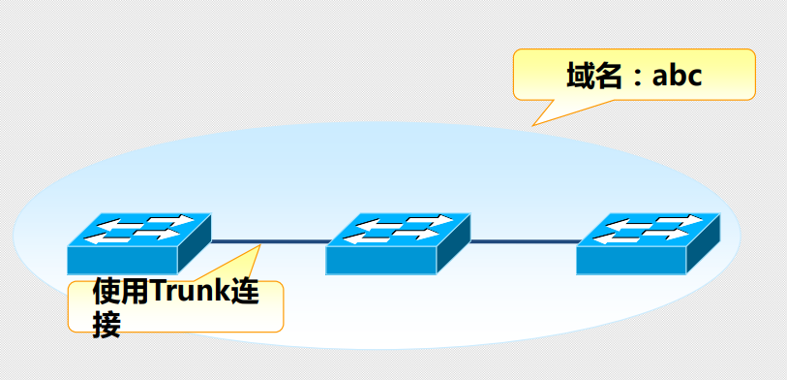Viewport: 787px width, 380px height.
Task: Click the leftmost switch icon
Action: (x=138, y=242)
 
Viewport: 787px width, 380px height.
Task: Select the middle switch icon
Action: (x=398, y=242)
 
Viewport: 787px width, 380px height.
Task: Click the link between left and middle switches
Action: (x=268, y=241)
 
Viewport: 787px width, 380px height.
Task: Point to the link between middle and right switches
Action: (x=524, y=241)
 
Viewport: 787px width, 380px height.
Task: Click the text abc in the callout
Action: (x=676, y=77)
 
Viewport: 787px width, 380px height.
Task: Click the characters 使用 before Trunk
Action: (x=119, y=292)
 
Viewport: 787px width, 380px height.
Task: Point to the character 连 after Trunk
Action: (x=248, y=292)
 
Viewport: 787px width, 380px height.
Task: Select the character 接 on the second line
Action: (x=106, y=324)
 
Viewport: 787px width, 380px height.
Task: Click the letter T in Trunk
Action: (x=155, y=292)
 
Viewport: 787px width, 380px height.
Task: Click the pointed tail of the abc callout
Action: (x=533, y=124)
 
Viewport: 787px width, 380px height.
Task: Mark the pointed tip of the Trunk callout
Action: (x=260, y=246)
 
